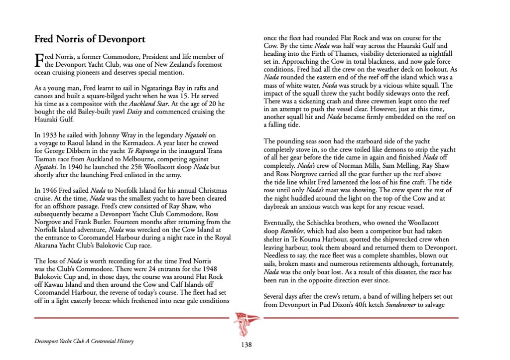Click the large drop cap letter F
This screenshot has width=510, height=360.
39,60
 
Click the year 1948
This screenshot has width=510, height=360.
219,269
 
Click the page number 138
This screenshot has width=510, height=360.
246,345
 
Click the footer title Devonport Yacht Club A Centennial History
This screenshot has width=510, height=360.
84,342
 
